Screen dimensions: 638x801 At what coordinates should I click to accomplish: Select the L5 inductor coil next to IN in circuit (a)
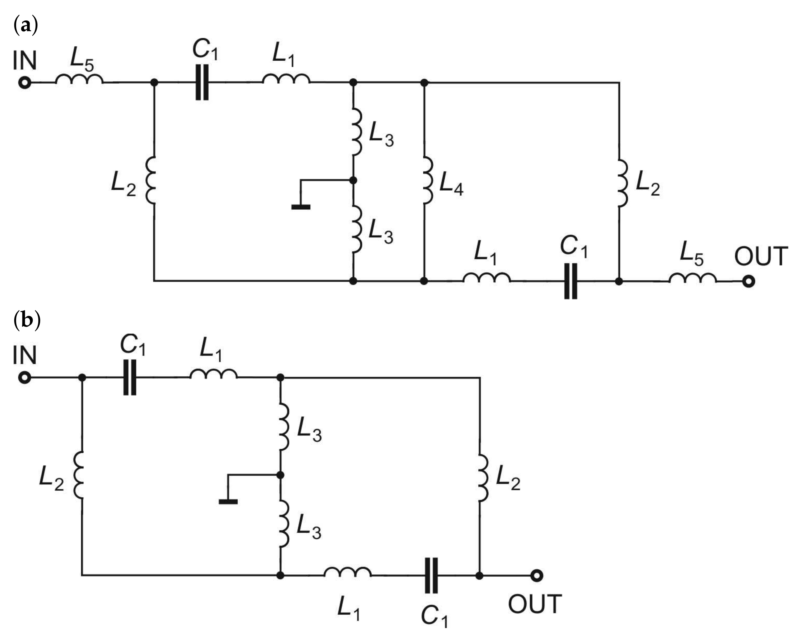click(79, 79)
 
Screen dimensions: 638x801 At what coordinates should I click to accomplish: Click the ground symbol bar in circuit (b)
click(228, 502)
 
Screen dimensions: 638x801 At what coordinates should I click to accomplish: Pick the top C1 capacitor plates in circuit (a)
click(202, 83)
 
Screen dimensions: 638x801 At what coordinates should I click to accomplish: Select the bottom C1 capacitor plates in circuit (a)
click(571, 281)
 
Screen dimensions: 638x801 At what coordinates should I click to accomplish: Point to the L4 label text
click(451, 185)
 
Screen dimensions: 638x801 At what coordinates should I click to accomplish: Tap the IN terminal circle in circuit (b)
click(25, 378)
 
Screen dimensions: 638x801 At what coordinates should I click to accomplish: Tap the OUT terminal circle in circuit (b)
click(536, 576)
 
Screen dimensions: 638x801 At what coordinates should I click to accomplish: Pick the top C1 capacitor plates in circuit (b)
click(130, 378)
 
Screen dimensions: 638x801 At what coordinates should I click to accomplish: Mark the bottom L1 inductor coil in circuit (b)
click(347, 572)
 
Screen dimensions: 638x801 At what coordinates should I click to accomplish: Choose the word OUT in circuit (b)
click(535, 604)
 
